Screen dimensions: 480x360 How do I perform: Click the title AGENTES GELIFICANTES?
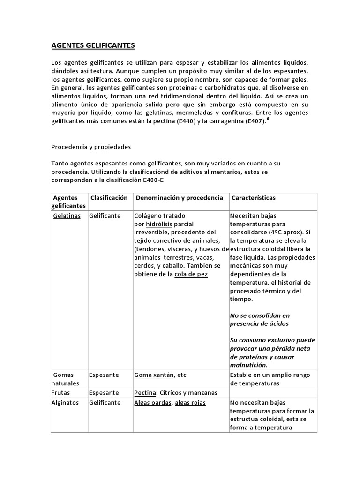(x=93, y=45)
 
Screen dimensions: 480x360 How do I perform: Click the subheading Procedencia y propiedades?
(x=91, y=147)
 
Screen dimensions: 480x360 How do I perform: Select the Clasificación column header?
(x=109, y=198)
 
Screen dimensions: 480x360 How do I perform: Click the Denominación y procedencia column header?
(x=180, y=198)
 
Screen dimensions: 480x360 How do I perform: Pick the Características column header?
(x=254, y=198)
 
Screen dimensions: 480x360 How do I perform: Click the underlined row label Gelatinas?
(x=67, y=216)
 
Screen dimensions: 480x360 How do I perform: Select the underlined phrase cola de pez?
(x=191, y=274)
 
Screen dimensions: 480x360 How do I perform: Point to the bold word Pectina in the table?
(x=145, y=392)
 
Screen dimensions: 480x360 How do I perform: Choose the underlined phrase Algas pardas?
(x=153, y=403)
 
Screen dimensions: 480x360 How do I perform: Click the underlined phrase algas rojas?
(x=190, y=403)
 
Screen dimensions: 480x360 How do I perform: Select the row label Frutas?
(x=63, y=392)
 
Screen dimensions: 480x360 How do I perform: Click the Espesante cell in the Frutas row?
(x=105, y=392)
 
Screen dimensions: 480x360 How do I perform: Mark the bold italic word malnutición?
(x=249, y=365)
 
